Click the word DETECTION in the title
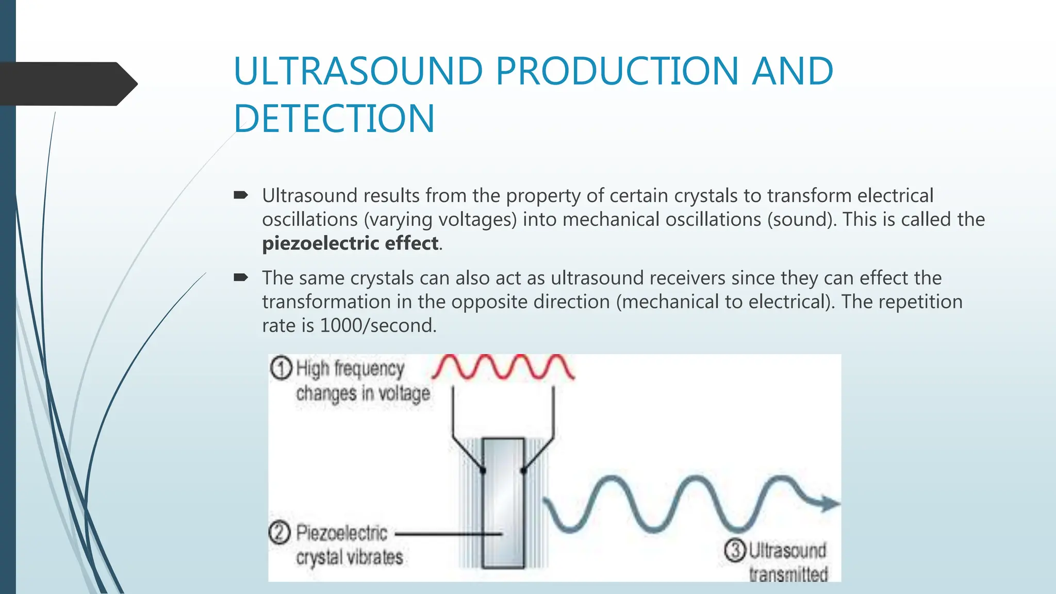click(334, 119)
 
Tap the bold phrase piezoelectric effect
click(351, 243)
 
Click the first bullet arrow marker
click(241, 195)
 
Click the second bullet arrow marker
click(241, 278)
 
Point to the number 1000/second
click(377, 326)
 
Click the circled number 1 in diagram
click(282, 369)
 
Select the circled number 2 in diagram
click(279, 533)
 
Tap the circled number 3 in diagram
click(735, 550)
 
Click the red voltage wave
click(503, 367)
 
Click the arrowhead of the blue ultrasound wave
click(829, 503)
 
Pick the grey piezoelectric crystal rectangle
click(503, 503)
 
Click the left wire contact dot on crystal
click(483, 470)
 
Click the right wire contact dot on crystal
click(523, 470)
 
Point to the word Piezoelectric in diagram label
click(341, 533)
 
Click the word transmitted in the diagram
click(788, 574)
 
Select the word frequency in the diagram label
click(369, 369)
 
